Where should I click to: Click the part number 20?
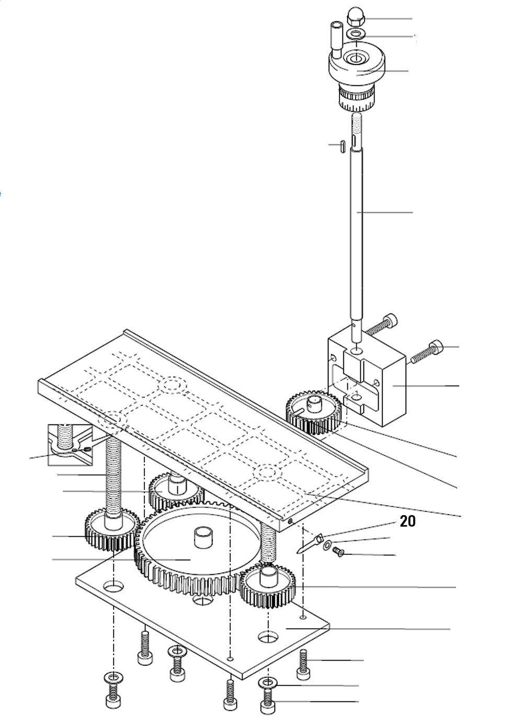[x=407, y=521]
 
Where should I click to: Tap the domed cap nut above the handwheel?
[x=356, y=18]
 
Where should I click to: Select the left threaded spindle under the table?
[x=113, y=476]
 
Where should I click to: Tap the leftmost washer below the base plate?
[x=113, y=678]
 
